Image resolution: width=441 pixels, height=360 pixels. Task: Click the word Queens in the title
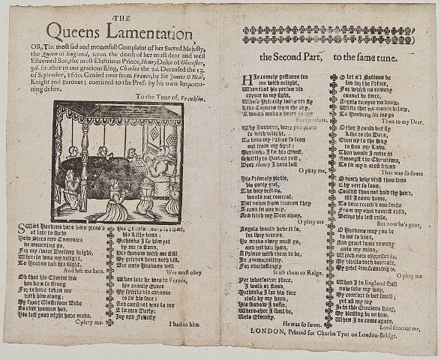(x=76, y=31)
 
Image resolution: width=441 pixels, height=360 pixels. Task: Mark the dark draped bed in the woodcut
(x=105, y=180)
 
